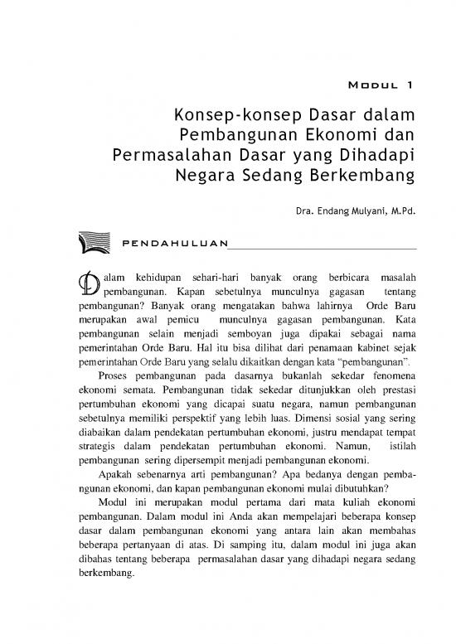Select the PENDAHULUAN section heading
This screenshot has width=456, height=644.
pyautogui.click(x=173, y=243)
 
